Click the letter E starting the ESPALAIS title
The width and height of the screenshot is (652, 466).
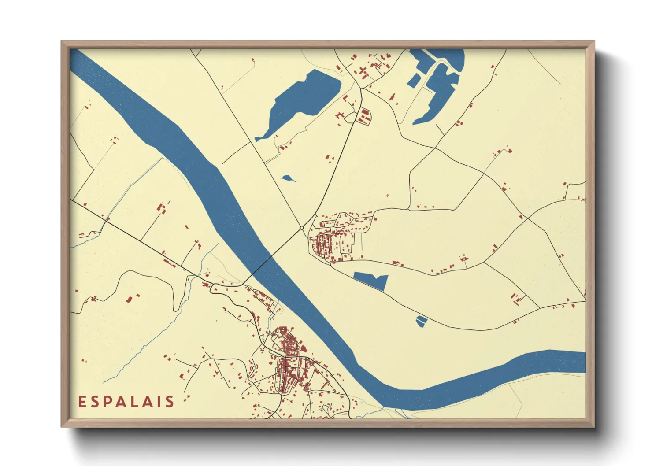click(82, 402)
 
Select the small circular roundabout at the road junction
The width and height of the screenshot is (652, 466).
click(301, 228)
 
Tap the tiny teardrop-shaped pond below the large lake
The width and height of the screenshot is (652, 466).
click(287, 178)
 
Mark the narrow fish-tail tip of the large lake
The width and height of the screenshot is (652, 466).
click(258, 139)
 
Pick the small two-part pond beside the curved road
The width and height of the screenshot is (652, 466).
click(422, 321)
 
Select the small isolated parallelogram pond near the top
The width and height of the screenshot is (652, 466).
click(414, 80)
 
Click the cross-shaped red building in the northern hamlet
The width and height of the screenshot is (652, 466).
click(363, 70)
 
